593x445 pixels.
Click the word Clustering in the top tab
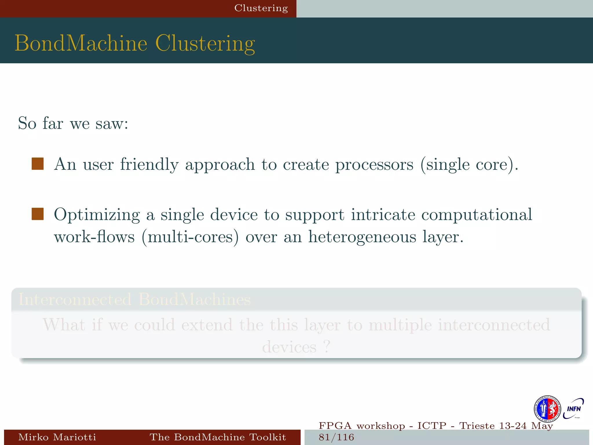click(x=261, y=8)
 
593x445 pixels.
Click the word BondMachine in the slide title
click(x=81, y=43)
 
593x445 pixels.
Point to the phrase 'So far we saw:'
click(x=73, y=123)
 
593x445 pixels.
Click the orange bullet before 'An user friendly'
click(x=38, y=164)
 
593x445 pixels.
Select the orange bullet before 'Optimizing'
click(x=38, y=214)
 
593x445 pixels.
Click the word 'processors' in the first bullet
click(x=374, y=165)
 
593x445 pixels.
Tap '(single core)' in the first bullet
click(x=469, y=165)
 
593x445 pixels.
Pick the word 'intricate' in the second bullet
click(x=383, y=215)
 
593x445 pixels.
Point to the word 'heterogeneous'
click(x=362, y=237)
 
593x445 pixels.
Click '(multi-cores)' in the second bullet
click(x=190, y=237)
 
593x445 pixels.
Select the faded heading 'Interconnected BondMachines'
click(x=135, y=300)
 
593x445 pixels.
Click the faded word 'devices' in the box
click(x=289, y=347)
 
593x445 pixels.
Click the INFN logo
click(x=574, y=409)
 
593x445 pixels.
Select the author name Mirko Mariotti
click(x=57, y=437)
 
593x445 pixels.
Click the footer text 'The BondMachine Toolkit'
click(x=217, y=437)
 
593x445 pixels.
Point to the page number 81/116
click(x=336, y=437)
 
